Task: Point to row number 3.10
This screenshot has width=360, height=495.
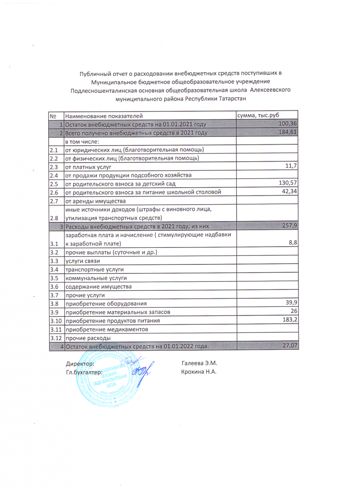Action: pyautogui.click(x=55, y=321)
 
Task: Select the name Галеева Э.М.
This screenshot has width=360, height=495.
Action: pyautogui.click(x=199, y=364)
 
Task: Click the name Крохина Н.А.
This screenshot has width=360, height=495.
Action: pyautogui.click(x=199, y=372)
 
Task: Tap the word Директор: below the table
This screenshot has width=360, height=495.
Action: pyautogui.click(x=80, y=364)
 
